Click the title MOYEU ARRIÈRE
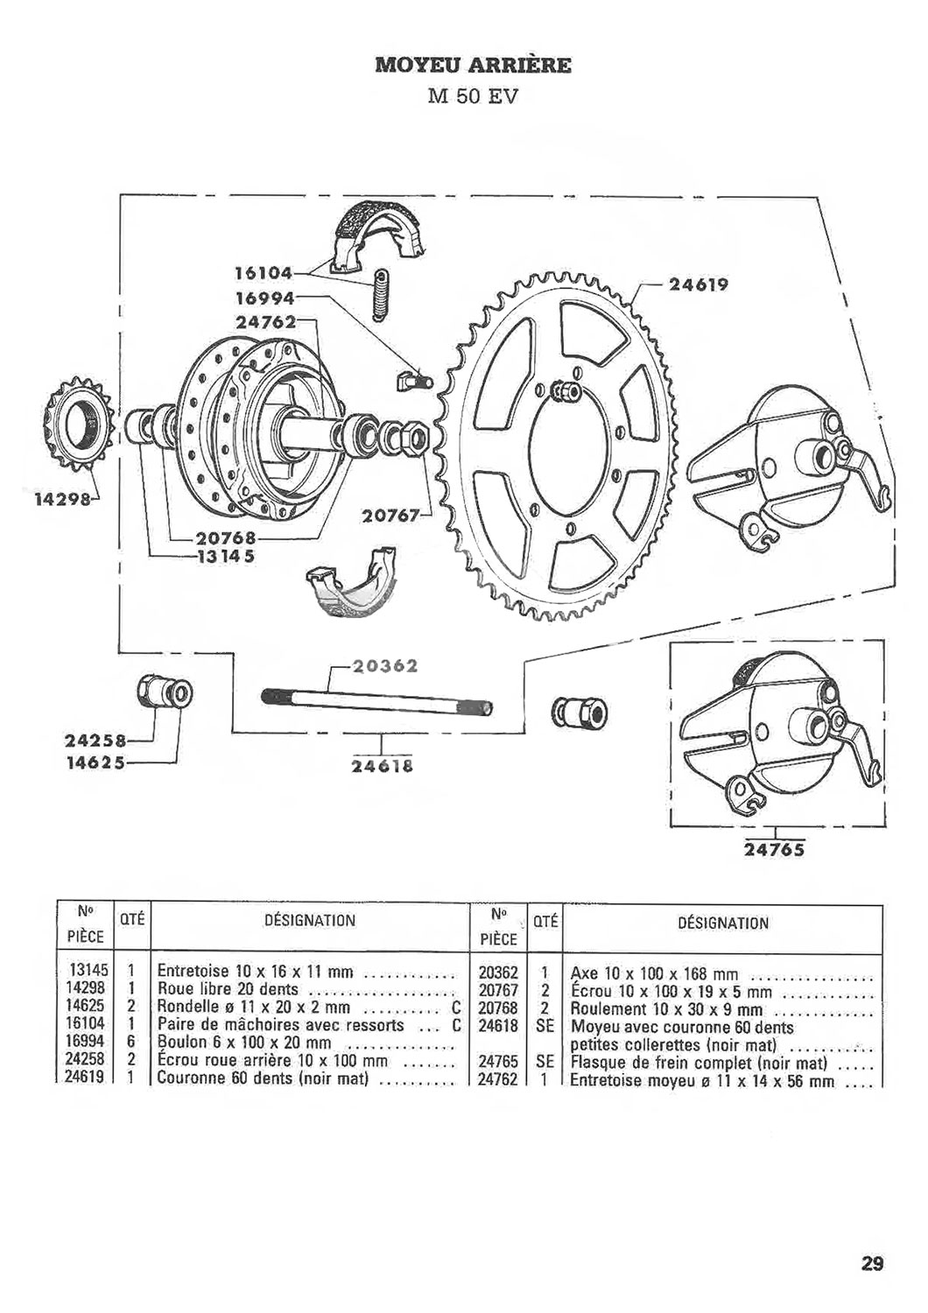(473, 65)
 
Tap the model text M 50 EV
(473, 96)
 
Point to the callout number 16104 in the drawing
(262, 272)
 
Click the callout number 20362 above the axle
(385, 666)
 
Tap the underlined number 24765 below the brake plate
(775, 849)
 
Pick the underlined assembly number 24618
(382, 766)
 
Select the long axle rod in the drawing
(377, 702)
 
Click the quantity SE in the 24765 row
(545, 1058)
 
